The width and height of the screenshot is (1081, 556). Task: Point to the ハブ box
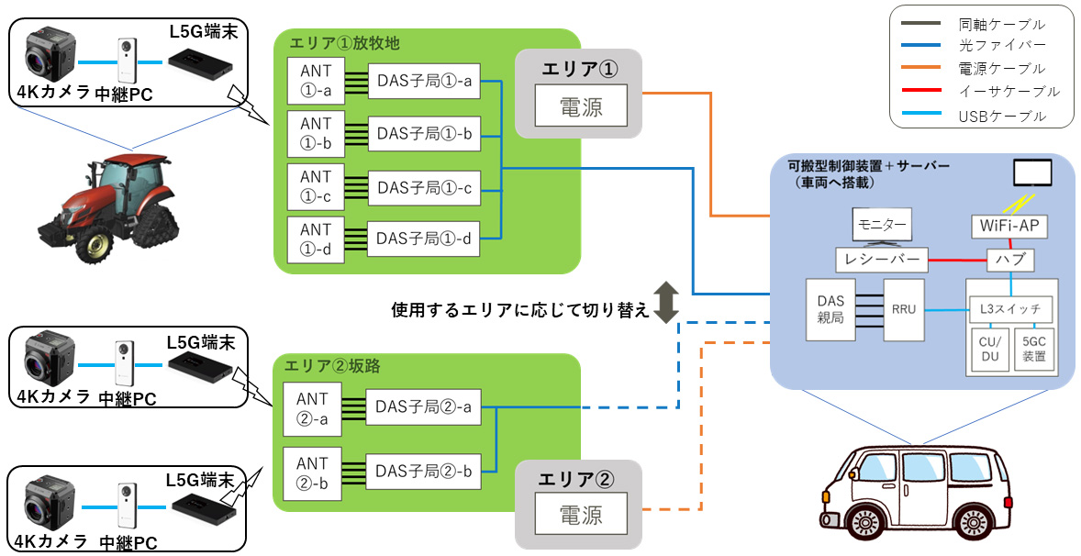click(x=1010, y=260)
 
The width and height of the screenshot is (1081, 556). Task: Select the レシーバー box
click(x=881, y=260)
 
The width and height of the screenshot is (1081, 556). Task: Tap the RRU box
click(x=904, y=311)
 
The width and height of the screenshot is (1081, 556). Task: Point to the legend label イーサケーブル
click(x=1007, y=91)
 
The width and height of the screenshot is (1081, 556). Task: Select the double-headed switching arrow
click(x=666, y=305)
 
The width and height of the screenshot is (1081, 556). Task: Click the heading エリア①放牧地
click(x=344, y=43)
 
